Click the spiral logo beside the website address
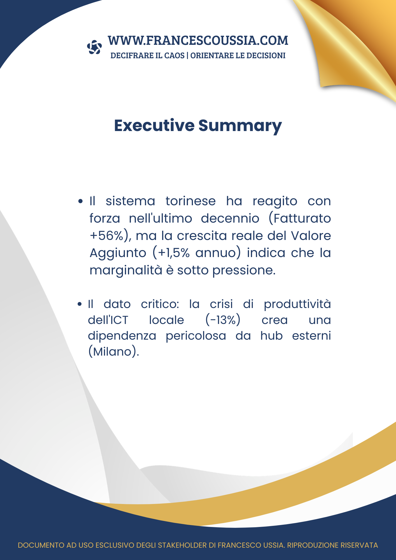pyautogui.click(x=94, y=47)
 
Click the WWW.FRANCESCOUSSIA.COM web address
pyautogui.click(x=198, y=41)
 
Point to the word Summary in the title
pyautogui.click(x=240, y=126)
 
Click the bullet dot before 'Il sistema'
pyautogui.click(x=81, y=201)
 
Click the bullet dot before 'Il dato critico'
pyautogui.click(x=80, y=304)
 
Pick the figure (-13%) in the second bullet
pyautogui.click(x=223, y=320)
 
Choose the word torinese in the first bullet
pyautogui.click(x=190, y=201)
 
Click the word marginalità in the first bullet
pyautogui.click(x=126, y=270)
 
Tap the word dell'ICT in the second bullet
pyautogui.click(x=108, y=320)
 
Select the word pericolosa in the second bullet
pyautogui.click(x=196, y=336)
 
